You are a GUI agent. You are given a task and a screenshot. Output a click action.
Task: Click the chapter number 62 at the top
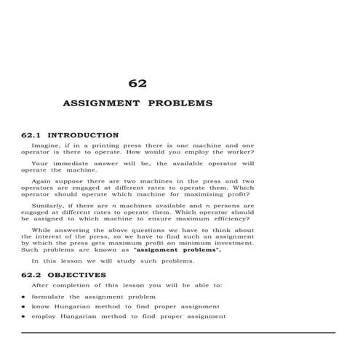(137, 84)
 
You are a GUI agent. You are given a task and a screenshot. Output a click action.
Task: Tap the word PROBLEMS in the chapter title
(180, 103)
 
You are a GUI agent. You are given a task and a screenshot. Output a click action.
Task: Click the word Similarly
(50, 206)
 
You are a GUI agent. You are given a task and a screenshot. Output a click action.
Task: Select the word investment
(231, 243)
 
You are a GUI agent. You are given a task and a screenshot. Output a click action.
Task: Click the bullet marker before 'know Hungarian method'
(24, 307)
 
